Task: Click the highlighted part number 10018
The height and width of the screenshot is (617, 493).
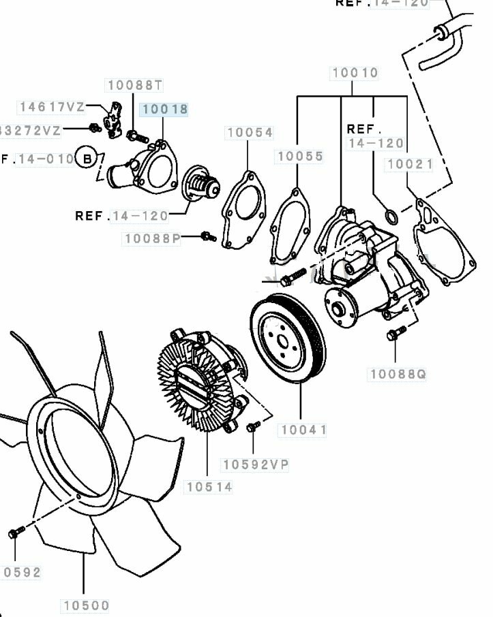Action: [x=164, y=109]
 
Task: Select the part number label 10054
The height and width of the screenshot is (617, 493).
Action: [x=250, y=133]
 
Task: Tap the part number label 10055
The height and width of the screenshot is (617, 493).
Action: [x=300, y=157]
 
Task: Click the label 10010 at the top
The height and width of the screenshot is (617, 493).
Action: [x=355, y=73]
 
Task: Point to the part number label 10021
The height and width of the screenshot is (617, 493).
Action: [x=410, y=164]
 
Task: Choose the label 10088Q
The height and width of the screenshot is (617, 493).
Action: [x=398, y=374]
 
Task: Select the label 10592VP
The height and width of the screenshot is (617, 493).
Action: [x=256, y=464]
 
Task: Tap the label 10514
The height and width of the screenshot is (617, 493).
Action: [x=209, y=487]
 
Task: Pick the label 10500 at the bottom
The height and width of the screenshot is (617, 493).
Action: [x=86, y=605]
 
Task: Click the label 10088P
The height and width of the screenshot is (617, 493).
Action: [x=152, y=239]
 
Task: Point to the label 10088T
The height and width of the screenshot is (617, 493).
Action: [x=135, y=85]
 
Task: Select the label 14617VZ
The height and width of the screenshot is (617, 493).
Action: [x=52, y=107]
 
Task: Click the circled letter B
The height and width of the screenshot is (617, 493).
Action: [x=87, y=159]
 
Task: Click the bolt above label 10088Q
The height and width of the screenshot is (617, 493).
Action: [x=392, y=334]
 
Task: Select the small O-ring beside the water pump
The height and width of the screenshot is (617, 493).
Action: [x=391, y=217]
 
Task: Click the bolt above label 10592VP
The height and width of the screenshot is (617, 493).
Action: [x=252, y=426]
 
